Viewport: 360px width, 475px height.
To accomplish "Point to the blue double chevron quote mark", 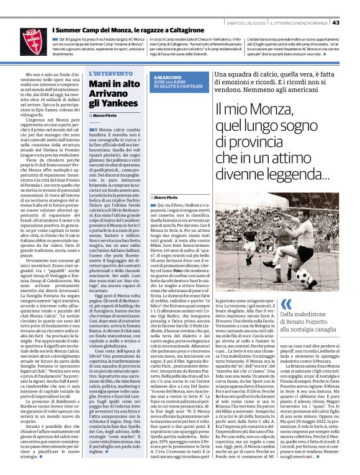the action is pyautogui.click(x=287, y=304).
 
